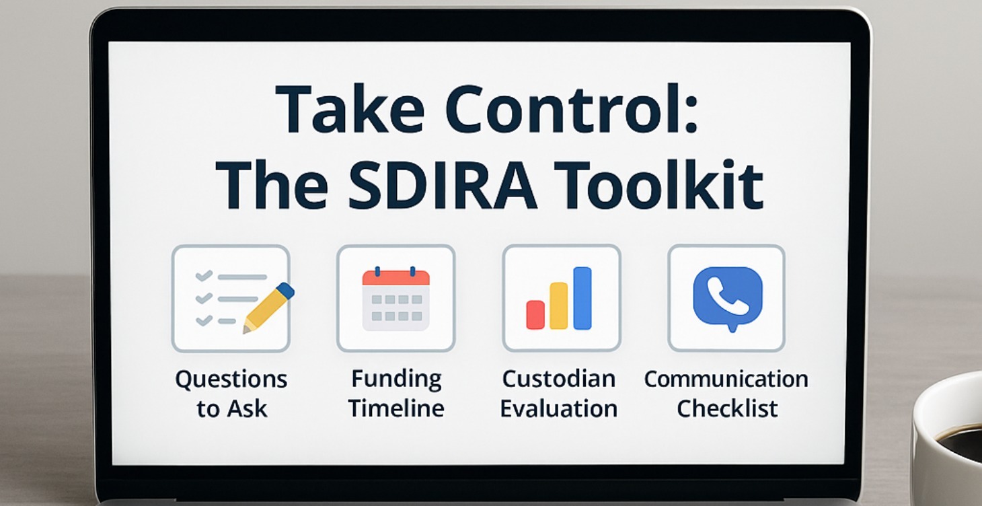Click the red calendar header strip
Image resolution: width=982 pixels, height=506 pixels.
pos(395,277)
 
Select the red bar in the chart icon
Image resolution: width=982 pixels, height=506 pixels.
pos(535,314)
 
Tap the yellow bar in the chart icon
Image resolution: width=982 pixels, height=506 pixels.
pos(559,305)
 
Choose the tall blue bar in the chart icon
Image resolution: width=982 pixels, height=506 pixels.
pos(582,298)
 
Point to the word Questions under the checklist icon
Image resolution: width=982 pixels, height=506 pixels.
pos(231,379)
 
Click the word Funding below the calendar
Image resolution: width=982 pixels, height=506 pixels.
pos(396,379)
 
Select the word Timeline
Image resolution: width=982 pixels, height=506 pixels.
pos(396,408)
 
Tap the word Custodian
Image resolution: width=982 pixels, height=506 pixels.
pos(558,379)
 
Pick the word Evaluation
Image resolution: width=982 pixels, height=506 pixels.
pos(558,408)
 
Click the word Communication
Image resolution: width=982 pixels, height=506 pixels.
pos(726,379)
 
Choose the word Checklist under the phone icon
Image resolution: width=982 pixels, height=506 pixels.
pos(727,408)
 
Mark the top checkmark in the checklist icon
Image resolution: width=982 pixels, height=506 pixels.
pos(204,276)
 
